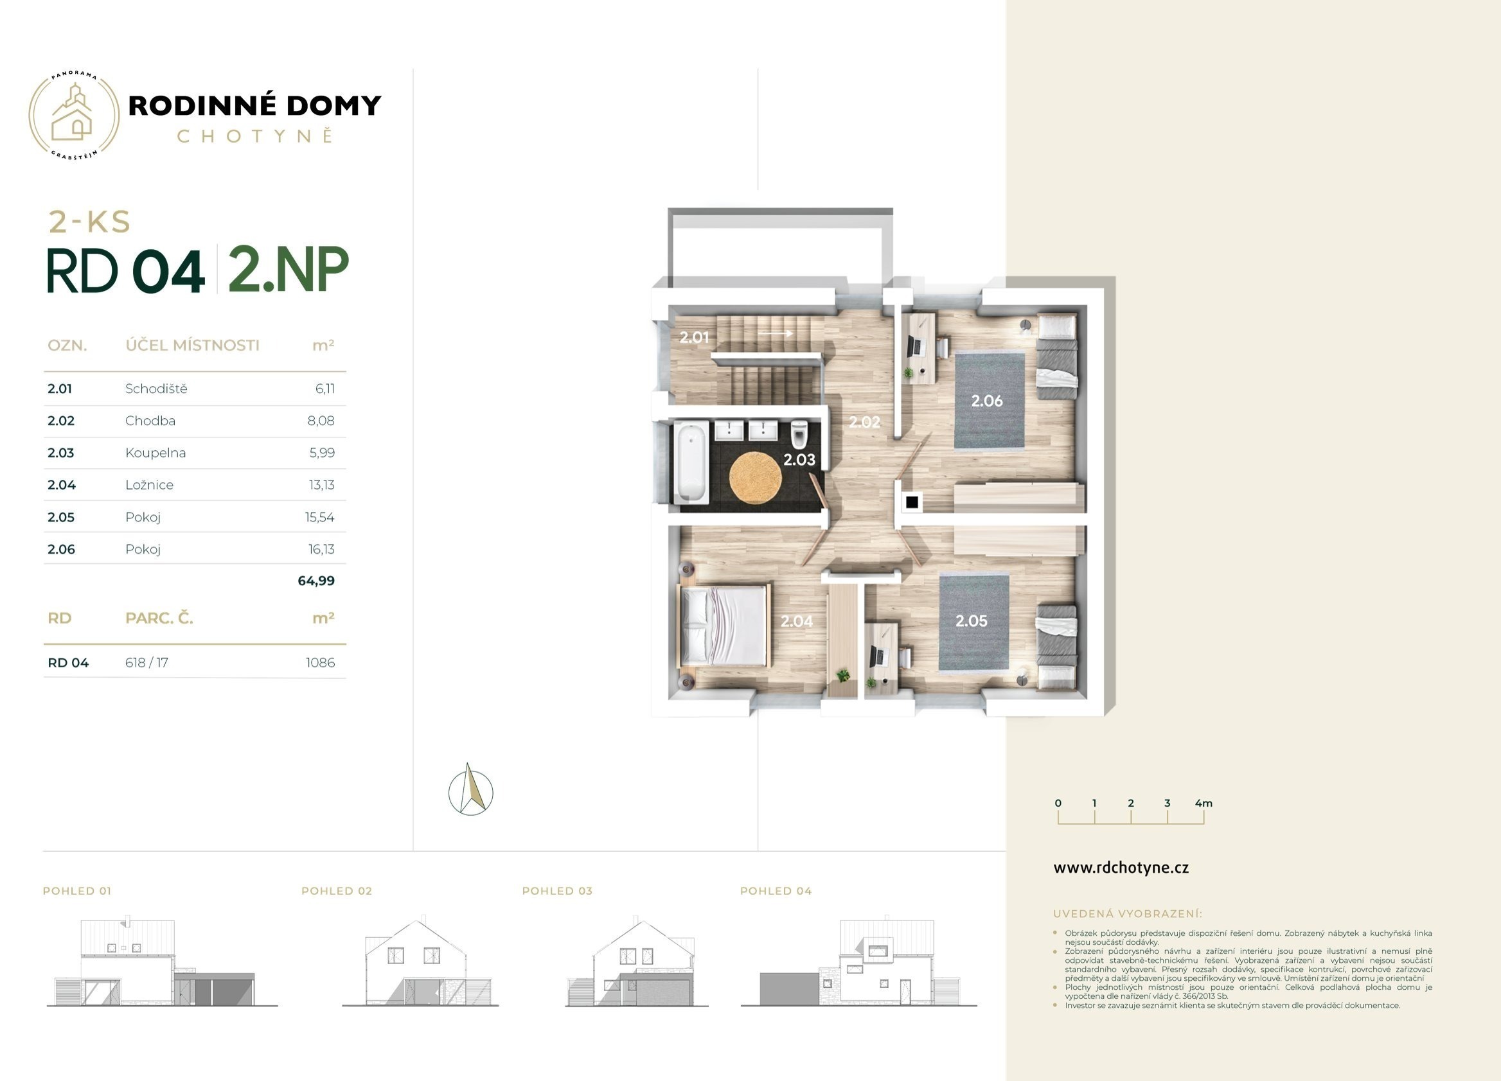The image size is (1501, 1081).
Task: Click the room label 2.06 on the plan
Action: tap(987, 400)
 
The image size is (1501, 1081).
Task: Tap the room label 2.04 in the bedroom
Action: tap(796, 620)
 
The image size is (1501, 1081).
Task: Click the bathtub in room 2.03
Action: tap(690, 462)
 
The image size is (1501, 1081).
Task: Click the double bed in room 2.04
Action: tap(725, 626)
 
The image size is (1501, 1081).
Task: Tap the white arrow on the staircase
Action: tap(775, 333)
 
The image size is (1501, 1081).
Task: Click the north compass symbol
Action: tap(470, 790)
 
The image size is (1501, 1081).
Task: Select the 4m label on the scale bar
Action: tap(1204, 803)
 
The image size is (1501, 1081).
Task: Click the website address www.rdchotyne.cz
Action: tap(1121, 868)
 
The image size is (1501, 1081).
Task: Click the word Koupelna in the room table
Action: tap(155, 453)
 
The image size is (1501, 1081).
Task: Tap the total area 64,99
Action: tap(316, 581)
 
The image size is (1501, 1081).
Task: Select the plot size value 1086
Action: tap(321, 663)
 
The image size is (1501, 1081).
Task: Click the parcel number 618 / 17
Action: tap(147, 663)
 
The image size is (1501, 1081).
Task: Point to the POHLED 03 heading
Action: tap(557, 891)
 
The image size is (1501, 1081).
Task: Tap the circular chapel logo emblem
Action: tap(73, 116)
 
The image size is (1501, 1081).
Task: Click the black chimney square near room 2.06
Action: tap(912, 502)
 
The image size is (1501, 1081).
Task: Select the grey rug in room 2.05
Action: tap(973, 622)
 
